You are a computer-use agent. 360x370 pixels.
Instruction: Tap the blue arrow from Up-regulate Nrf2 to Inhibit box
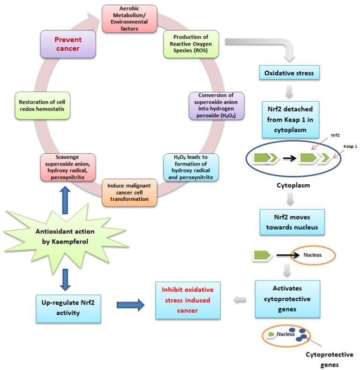coord(129,305)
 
